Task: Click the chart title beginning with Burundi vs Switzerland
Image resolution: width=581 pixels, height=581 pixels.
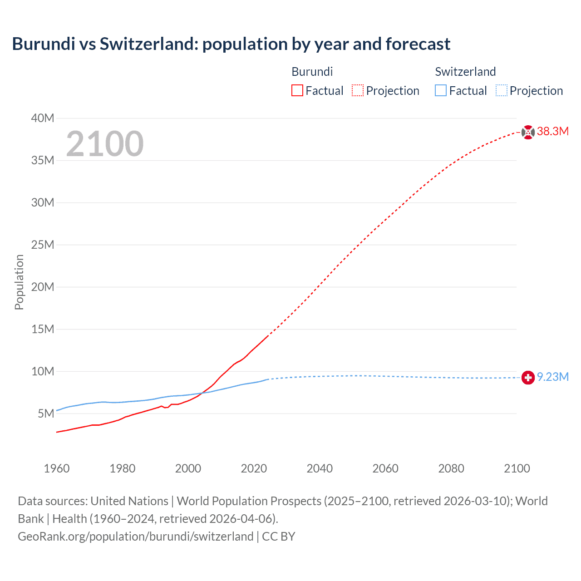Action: click(x=231, y=44)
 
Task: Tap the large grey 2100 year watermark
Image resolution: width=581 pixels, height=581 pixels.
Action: click(x=105, y=144)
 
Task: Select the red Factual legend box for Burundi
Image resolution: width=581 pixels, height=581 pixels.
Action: click(x=297, y=91)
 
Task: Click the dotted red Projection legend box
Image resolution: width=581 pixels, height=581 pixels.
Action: click(x=358, y=91)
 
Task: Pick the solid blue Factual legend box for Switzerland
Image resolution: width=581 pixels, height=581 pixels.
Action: click(x=441, y=91)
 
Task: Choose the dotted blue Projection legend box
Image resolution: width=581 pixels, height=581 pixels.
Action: click(x=502, y=91)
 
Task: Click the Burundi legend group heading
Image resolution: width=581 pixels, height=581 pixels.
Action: click(x=312, y=72)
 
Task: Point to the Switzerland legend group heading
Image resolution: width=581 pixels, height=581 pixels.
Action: click(x=465, y=72)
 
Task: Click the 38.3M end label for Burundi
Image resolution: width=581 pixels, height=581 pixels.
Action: click(x=552, y=132)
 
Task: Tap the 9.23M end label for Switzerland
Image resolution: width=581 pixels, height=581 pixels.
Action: click(x=552, y=377)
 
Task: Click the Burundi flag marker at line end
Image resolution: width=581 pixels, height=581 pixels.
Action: click(x=528, y=132)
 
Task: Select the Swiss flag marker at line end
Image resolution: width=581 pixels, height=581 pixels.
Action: click(x=528, y=378)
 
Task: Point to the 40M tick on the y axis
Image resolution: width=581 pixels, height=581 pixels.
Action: click(x=43, y=118)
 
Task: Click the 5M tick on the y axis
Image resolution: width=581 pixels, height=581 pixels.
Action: click(x=46, y=414)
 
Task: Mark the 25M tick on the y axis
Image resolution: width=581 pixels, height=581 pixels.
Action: click(x=43, y=245)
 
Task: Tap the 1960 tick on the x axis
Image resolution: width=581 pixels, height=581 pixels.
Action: click(x=57, y=468)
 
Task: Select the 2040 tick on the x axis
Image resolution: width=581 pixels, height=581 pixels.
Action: click(x=320, y=468)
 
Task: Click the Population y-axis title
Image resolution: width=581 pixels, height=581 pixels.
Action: click(x=19, y=282)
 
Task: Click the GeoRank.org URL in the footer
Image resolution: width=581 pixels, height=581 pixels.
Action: click(x=135, y=537)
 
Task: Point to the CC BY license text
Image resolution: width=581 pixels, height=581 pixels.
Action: click(x=279, y=537)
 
